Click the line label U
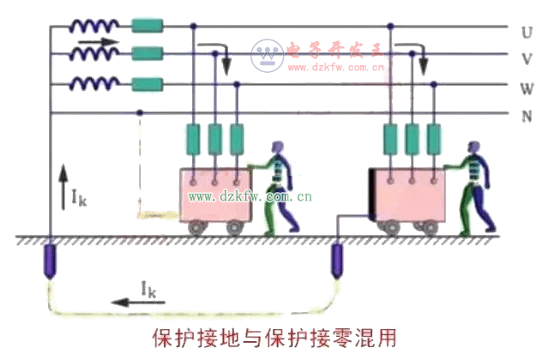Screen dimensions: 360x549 (525, 32)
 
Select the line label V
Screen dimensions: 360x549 (525, 59)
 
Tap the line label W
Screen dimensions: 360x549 (525, 87)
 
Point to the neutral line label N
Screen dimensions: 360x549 (525, 115)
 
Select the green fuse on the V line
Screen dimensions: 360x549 (148, 55)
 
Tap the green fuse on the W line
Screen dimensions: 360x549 (148, 84)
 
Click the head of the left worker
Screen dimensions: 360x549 (277, 149)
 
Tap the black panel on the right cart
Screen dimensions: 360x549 (375, 192)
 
